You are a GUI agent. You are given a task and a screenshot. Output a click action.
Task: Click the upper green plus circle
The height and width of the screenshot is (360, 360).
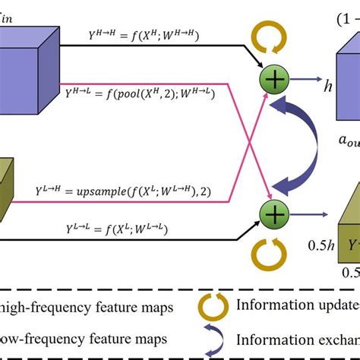coord(270,80)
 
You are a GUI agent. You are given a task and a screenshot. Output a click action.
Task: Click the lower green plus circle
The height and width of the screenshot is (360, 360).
coord(270,212)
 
